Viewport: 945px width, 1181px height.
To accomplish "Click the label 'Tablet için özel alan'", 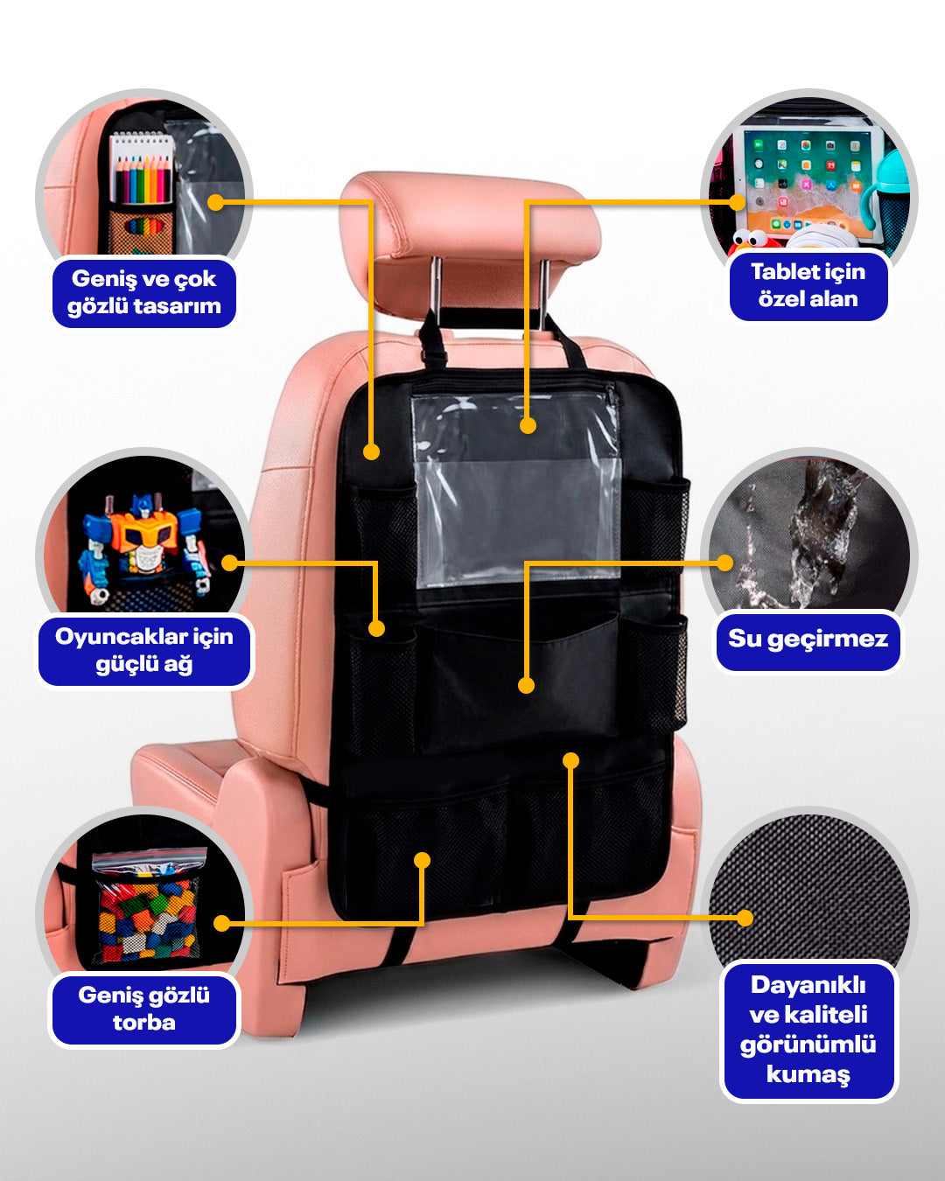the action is coord(808,285).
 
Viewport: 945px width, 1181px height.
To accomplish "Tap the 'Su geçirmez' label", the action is coord(808,639).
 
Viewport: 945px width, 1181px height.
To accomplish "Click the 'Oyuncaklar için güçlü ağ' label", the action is coord(143,651).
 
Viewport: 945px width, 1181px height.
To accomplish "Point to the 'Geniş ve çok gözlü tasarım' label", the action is coord(143,292).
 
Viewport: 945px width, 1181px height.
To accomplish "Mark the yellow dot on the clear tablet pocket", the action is coord(528,425).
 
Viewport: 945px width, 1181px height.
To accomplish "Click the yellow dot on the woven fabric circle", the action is coord(745,918).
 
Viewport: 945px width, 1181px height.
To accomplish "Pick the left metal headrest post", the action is coord(436,290).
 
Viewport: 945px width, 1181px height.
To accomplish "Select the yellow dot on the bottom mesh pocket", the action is coord(422,859).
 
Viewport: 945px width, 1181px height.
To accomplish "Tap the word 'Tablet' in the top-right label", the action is coord(779,272).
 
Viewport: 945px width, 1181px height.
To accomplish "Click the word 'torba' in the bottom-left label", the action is coord(143,1023).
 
